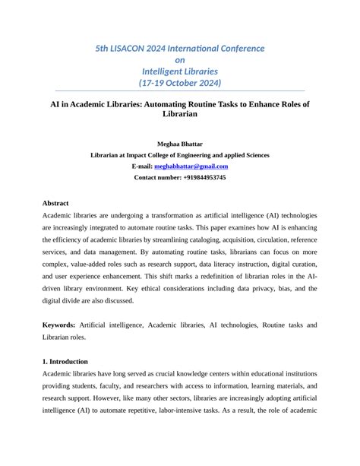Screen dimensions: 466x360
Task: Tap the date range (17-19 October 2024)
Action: [x=179, y=82]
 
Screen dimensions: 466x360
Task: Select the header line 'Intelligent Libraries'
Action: [x=179, y=71]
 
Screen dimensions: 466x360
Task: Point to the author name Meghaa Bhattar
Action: [x=179, y=143]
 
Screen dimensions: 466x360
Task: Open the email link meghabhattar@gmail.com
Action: [x=191, y=166]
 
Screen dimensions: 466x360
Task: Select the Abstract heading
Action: [x=55, y=204]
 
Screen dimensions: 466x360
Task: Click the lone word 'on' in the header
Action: [x=179, y=59]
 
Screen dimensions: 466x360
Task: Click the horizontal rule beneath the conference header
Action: [x=179, y=90]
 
